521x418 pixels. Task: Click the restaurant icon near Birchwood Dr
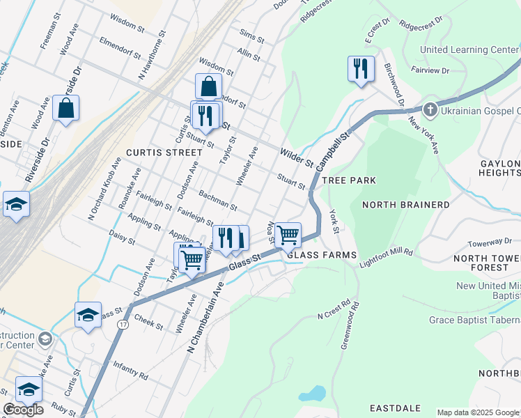pos(361,69)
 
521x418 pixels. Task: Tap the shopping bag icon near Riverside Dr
pos(66,109)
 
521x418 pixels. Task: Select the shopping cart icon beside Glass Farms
pos(288,235)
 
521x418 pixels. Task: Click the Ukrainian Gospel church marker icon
pos(430,110)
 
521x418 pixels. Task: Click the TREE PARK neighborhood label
pos(351,180)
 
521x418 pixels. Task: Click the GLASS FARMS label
pos(322,255)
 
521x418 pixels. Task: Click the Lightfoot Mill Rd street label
pos(387,257)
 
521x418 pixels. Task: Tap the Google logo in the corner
pos(23,409)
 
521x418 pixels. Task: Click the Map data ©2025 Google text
pos(477,412)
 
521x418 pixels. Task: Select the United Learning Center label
pos(469,49)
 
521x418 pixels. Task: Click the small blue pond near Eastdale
pos(312,394)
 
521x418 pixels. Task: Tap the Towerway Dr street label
pos(490,242)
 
